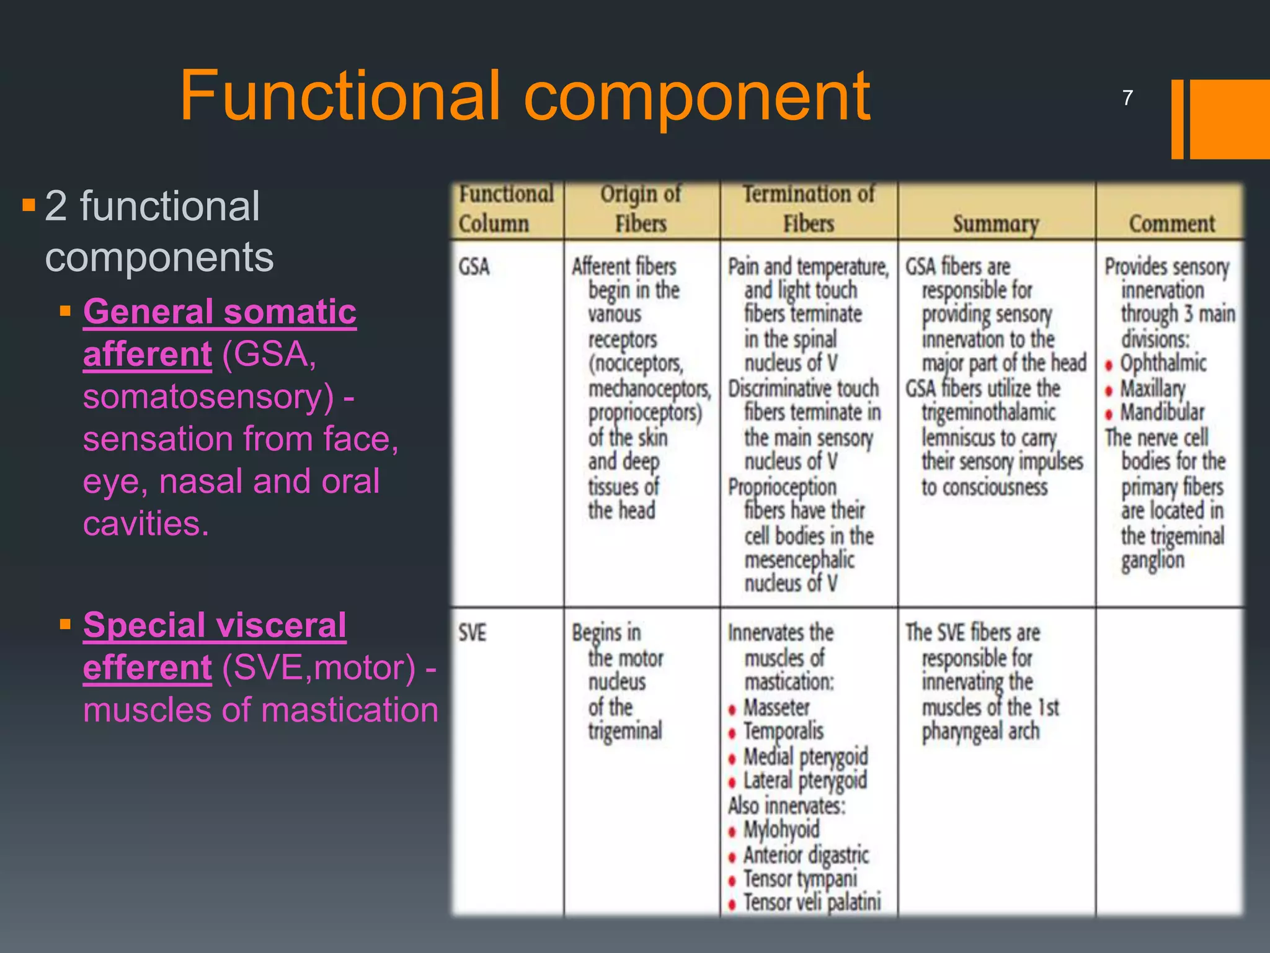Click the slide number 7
(1127, 97)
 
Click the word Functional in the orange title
(339, 96)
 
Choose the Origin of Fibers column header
(641, 208)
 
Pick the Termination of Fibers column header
(808, 208)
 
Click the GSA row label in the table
(474, 267)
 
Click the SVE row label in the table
(473, 633)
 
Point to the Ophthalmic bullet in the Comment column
(1163, 363)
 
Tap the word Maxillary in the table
(1152, 389)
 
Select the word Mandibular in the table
(1161, 413)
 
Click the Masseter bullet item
(776, 707)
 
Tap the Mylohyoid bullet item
(781, 830)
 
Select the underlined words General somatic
(220, 311)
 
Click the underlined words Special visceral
(215, 625)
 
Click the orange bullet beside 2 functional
(29, 205)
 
